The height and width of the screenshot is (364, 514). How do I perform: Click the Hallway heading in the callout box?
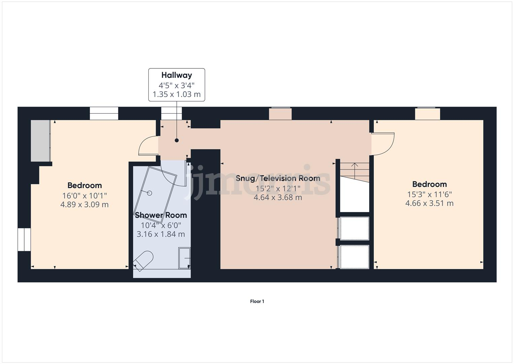[176, 75]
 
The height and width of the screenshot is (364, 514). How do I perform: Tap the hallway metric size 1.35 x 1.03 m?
[176, 94]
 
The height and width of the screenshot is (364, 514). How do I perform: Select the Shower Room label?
[161, 215]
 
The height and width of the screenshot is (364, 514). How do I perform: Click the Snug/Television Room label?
[278, 178]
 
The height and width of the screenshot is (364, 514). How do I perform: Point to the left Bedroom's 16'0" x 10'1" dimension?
[84, 195]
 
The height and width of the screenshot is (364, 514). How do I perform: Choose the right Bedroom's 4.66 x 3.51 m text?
[429, 203]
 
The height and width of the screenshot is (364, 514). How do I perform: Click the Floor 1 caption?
[257, 301]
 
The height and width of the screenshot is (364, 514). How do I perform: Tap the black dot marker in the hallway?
[176, 141]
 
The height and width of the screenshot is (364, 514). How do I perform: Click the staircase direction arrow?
[354, 167]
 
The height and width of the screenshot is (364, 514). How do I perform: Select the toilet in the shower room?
[143, 261]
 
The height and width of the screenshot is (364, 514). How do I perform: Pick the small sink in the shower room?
[184, 258]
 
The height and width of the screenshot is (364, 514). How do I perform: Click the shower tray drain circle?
[149, 193]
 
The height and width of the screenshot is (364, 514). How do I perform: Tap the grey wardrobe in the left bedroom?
[40, 141]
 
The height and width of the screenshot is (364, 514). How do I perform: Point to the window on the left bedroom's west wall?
[24, 239]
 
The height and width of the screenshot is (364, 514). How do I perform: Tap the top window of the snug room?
[280, 114]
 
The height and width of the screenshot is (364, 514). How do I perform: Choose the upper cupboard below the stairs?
[354, 228]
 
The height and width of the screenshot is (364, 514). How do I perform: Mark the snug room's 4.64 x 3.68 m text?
[278, 198]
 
